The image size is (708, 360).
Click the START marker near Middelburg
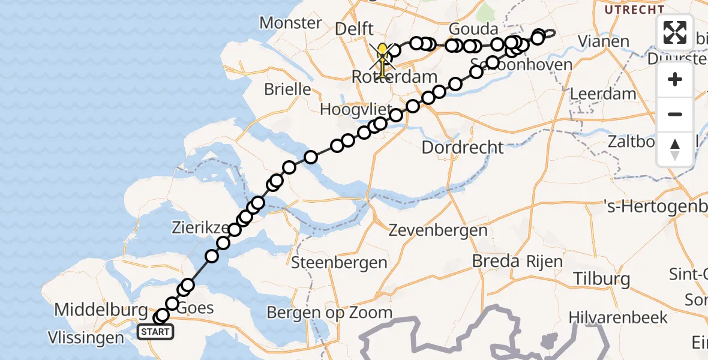pos(155,331)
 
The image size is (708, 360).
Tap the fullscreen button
pos(675,32)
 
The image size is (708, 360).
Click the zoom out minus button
pos(675,114)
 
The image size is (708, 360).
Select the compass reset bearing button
pos(675,149)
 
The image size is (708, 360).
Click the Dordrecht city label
pos(462,146)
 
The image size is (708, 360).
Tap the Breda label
pos(495,261)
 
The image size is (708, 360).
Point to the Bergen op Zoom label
pos(329,312)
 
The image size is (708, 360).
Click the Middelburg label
pos(101,310)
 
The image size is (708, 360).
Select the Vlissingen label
pos(88,338)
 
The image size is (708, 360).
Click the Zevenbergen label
pos(437,230)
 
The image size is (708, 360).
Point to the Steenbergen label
pos(339,262)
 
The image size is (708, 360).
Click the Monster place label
pos(290,23)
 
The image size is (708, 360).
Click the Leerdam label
pos(595,94)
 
